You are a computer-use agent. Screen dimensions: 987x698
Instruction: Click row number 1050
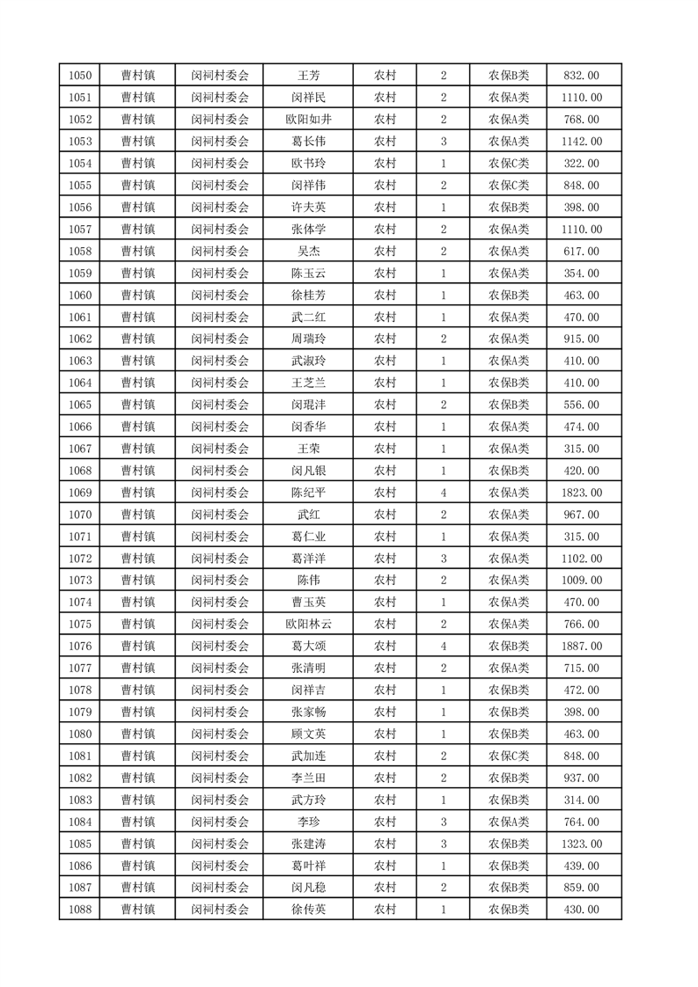coord(79,76)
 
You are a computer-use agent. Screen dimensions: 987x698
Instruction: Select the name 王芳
coord(308,76)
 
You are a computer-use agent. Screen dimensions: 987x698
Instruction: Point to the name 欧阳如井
coord(308,120)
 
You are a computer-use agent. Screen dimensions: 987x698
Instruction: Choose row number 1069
coord(79,493)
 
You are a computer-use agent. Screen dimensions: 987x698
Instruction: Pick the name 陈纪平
coord(308,493)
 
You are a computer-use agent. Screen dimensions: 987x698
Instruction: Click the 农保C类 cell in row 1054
coord(509,164)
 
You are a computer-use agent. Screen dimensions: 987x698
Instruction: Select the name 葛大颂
coord(308,647)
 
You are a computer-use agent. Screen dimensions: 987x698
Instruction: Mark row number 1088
coord(79,910)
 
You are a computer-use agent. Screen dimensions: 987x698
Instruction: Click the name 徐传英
coord(308,910)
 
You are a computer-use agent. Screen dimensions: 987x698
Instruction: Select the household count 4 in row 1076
coord(443,647)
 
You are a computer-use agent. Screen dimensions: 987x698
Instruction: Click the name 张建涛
coord(308,844)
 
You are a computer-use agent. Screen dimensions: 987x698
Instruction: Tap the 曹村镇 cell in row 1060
coord(138,296)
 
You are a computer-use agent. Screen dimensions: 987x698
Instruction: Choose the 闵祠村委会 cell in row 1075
coord(220,625)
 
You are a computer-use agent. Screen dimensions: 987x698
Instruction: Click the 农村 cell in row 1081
coord(385,756)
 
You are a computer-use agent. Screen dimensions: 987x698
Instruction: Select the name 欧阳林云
coord(308,625)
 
